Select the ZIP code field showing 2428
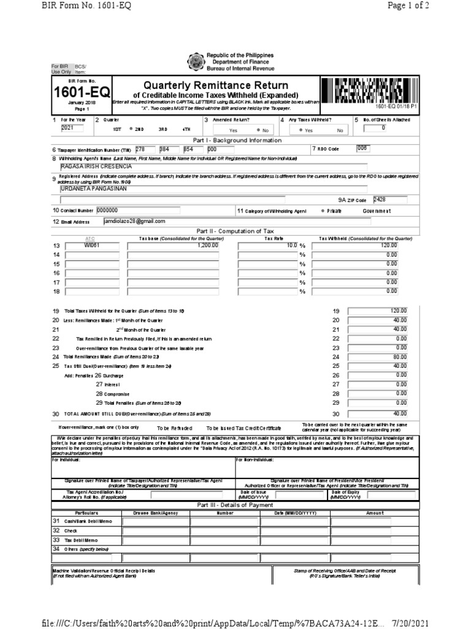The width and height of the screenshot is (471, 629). [380, 199]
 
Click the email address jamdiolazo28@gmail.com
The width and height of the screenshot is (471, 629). [134, 221]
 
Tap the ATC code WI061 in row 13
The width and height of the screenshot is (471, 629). [91, 244]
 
